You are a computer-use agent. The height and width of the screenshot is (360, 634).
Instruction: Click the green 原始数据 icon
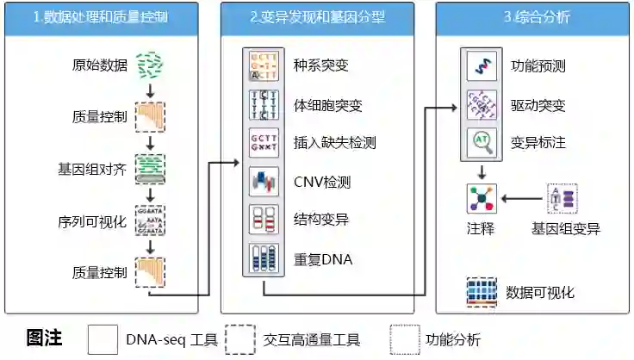pos(151,65)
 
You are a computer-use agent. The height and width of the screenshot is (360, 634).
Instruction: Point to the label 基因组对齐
pos(98,169)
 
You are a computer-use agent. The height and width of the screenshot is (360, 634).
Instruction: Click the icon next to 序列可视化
pos(151,221)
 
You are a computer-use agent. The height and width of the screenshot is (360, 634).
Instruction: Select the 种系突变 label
pos(321,65)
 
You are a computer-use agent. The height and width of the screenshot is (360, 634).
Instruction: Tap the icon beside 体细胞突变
pos(264,105)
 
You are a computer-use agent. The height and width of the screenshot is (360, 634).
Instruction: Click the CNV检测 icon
pos(264,182)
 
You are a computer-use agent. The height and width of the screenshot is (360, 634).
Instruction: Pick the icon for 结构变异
pos(264,220)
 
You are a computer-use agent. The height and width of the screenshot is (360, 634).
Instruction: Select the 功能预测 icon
pos(481,65)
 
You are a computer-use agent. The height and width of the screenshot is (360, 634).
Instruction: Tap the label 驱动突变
pos(538,105)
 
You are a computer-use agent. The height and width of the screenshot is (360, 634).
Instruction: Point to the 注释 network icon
pos(481,199)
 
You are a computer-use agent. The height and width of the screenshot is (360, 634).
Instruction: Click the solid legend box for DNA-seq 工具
pos(103,338)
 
